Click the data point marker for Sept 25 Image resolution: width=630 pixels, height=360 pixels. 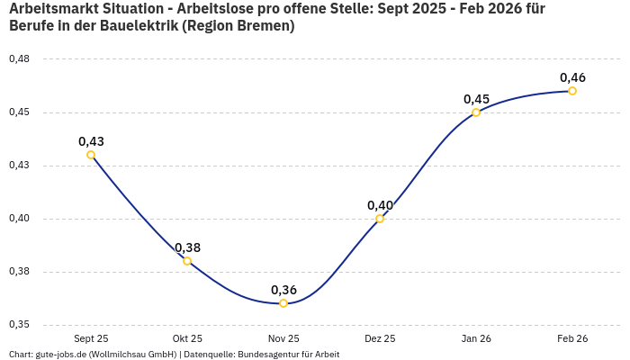(x=91, y=155)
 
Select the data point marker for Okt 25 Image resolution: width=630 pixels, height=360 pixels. (x=187, y=261)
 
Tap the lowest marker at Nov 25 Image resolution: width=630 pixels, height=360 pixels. (x=283, y=303)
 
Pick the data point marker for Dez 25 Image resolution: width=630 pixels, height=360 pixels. (x=380, y=219)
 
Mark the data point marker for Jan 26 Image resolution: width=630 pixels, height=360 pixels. (x=476, y=112)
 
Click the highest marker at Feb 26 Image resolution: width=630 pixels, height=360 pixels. (x=572, y=91)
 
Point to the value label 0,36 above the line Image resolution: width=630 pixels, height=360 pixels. (x=283, y=290)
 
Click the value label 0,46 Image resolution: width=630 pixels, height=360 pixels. (x=572, y=77)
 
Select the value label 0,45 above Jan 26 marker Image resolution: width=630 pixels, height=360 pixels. (x=476, y=99)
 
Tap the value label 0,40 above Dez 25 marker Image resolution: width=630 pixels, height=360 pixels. (x=380, y=205)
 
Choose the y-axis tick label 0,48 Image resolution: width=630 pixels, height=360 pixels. (x=19, y=59)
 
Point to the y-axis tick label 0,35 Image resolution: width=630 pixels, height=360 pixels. (x=19, y=325)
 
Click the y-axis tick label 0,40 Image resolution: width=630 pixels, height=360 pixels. (x=19, y=219)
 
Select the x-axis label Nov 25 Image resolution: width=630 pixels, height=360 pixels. (x=283, y=339)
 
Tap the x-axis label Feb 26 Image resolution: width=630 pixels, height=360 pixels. (x=572, y=339)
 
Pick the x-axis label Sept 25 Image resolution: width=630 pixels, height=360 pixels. (x=91, y=339)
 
